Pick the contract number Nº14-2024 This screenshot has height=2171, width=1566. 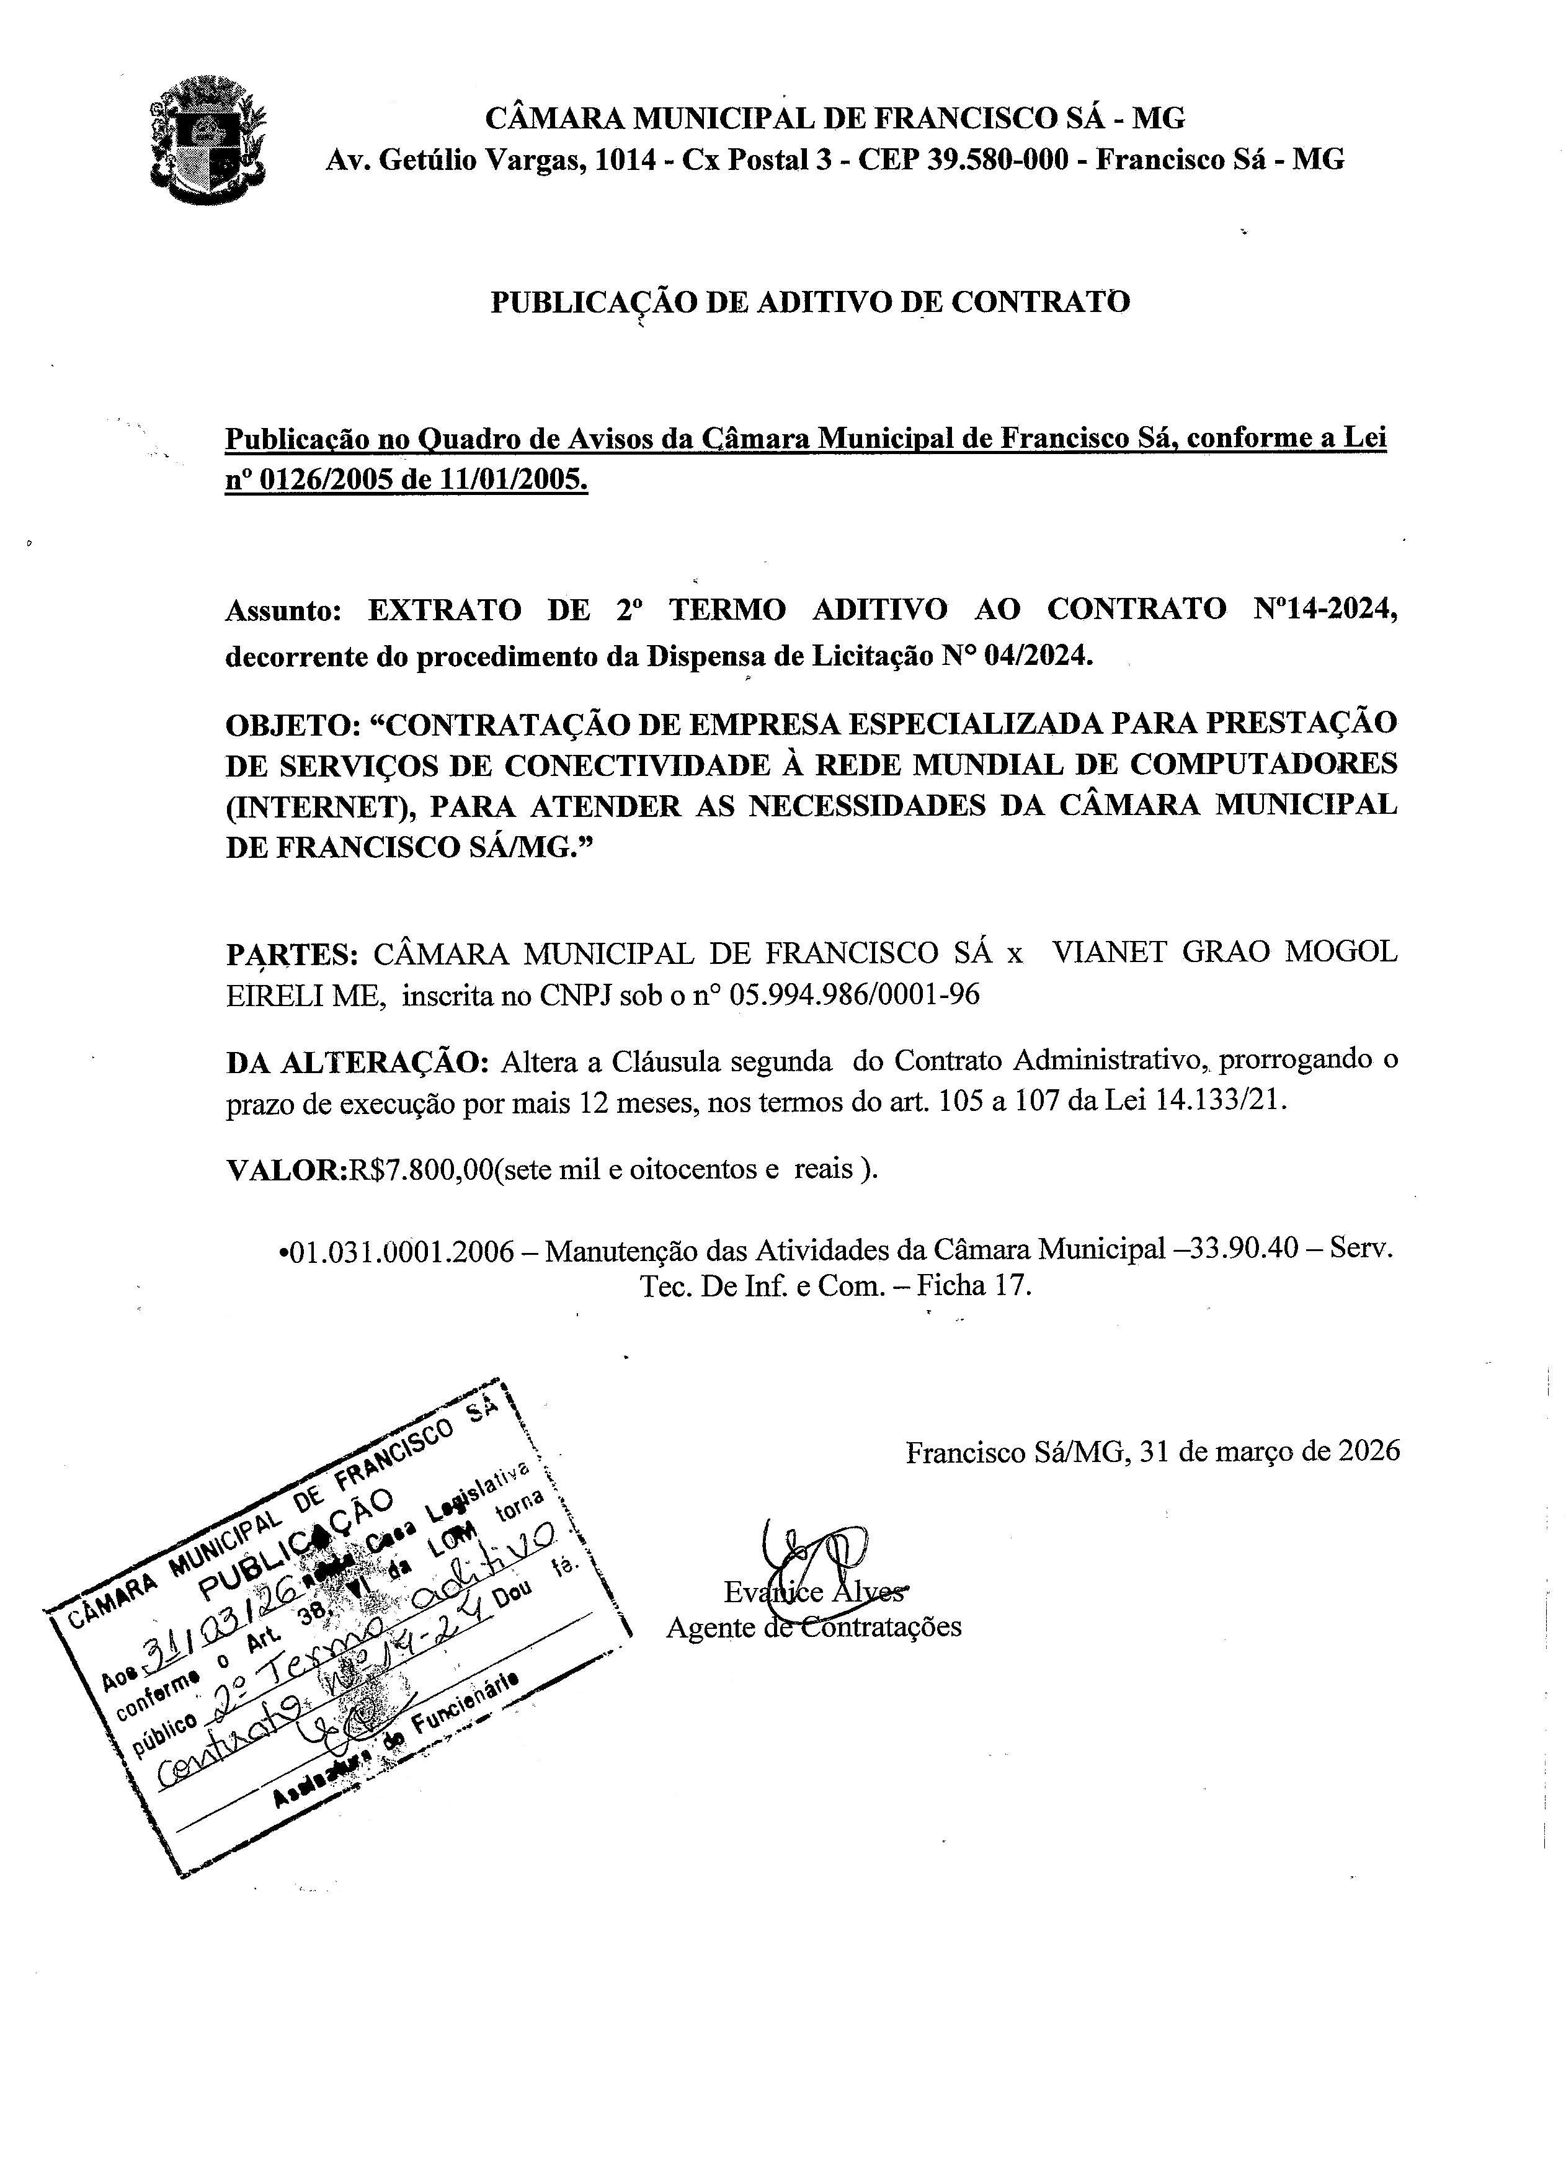coord(1325,609)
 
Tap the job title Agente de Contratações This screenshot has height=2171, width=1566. coord(814,1626)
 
